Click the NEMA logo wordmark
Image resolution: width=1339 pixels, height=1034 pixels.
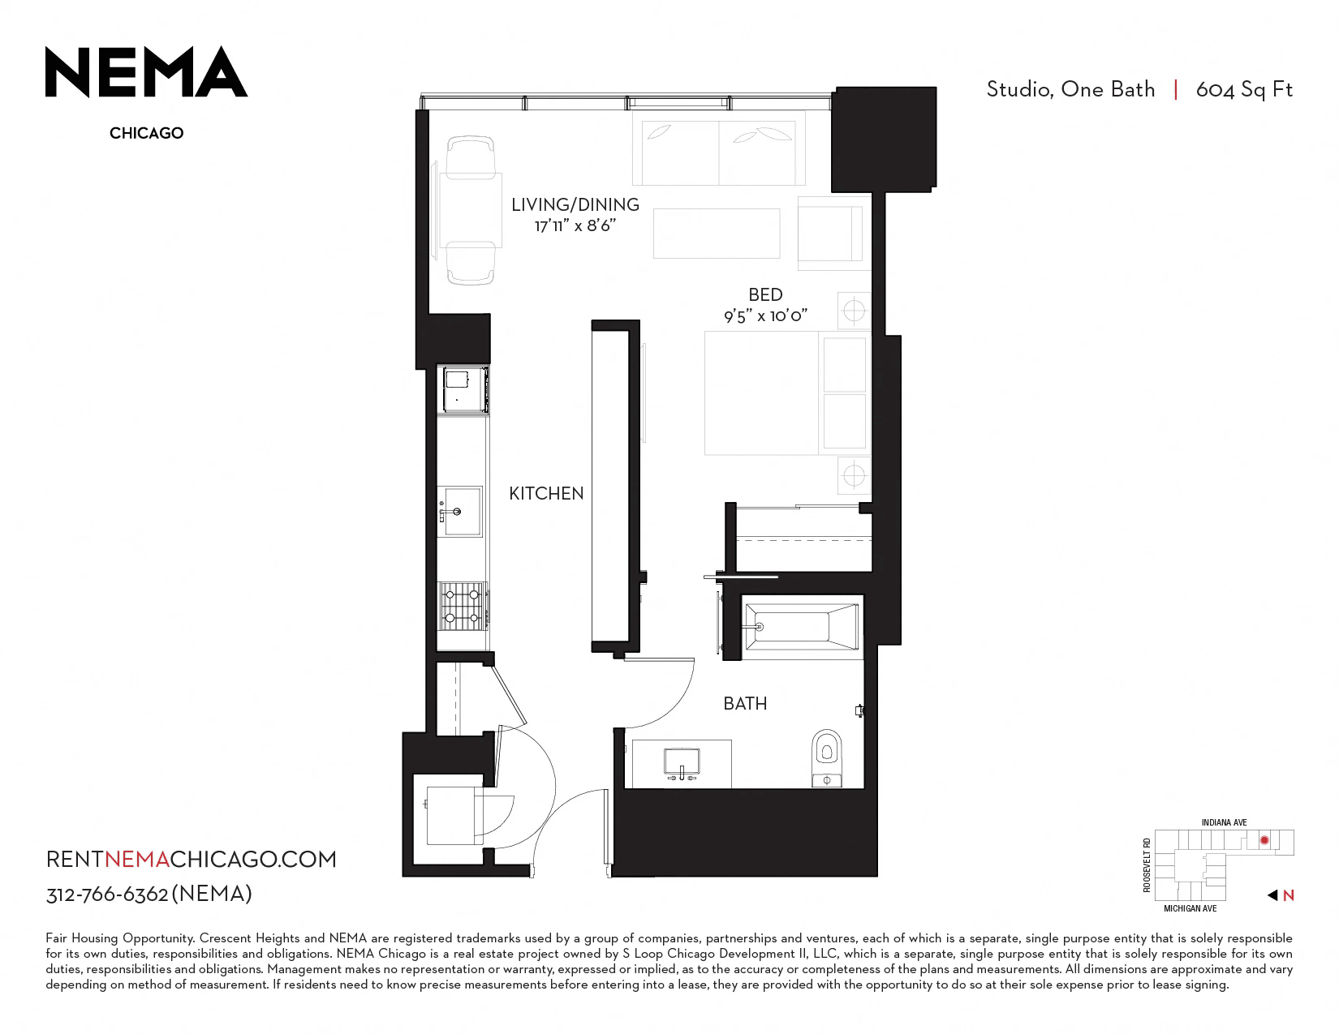coord(146,71)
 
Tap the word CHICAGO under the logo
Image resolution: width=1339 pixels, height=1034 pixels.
coord(146,133)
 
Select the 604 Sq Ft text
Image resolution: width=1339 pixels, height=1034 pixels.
coord(1243,90)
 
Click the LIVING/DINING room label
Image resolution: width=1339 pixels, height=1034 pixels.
coord(575,204)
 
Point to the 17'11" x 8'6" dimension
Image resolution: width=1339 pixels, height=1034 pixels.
coord(575,225)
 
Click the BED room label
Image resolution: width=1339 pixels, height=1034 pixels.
coord(765,294)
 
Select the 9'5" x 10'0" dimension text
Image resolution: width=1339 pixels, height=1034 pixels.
coord(765,316)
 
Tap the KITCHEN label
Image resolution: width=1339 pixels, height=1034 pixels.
coord(546,493)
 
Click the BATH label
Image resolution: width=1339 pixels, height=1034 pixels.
coord(745,703)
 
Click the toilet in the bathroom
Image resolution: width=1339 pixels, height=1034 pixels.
coord(826,757)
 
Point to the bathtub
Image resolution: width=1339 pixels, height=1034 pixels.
coord(801,627)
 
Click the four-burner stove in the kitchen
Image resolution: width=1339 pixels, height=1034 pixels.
coord(463,606)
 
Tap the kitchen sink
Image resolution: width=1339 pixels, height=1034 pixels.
coord(460,511)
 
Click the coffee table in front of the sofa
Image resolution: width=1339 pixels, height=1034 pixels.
coord(716,234)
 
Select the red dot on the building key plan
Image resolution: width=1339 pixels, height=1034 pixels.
coord(1264,840)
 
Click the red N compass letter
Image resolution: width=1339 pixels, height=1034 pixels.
coord(1288,895)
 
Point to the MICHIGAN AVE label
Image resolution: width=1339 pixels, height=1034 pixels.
coord(1190,908)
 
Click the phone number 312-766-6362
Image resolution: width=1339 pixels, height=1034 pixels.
coord(106,895)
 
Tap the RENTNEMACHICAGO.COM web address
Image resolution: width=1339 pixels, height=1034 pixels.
coord(191,860)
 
